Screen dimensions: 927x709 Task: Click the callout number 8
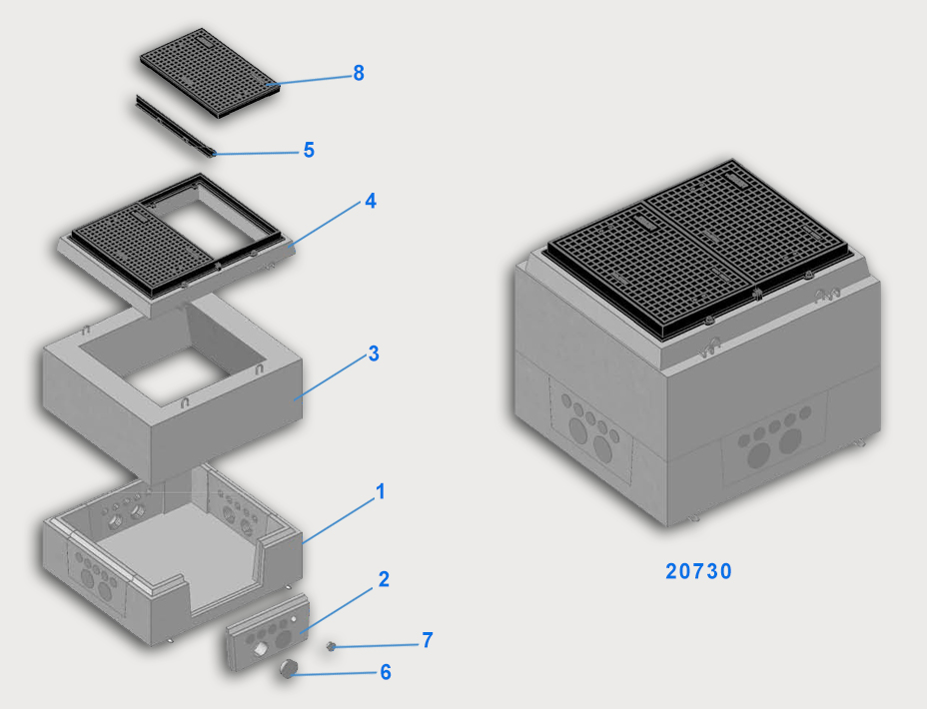point(359,73)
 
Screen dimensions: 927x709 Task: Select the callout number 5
point(309,150)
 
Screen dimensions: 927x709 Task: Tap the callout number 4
point(371,201)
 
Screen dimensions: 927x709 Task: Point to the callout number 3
point(373,354)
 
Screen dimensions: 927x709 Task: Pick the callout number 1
point(381,491)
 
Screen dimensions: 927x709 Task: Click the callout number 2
point(384,579)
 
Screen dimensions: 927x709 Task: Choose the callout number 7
point(428,640)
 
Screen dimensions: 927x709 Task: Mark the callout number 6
point(386,672)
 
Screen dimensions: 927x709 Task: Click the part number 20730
point(699,571)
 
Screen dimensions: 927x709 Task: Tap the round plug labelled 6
point(288,668)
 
